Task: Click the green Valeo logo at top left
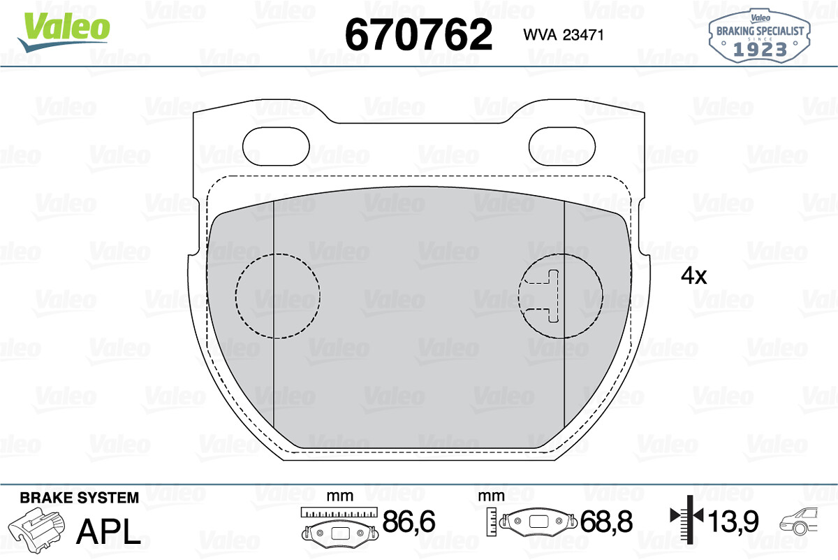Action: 64,32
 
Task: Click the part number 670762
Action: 418,34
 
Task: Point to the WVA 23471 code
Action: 564,35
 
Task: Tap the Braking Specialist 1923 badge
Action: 760,36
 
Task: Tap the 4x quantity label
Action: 693,276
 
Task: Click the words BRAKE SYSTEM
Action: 80,498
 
